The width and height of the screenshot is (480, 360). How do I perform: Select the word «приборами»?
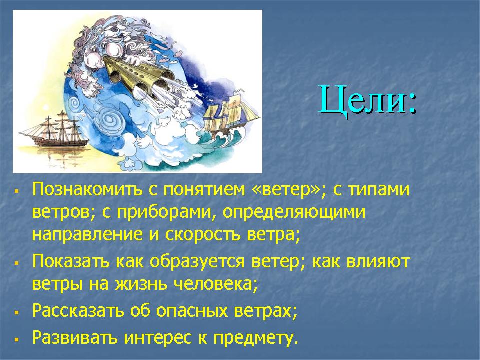tap(164, 212)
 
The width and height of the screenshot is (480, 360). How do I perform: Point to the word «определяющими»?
tap(294, 212)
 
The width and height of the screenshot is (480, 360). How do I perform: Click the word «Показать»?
tap(71, 262)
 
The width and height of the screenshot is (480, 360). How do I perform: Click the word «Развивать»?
tap(75, 338)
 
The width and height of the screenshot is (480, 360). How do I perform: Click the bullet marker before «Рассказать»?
tap(17, 313)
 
